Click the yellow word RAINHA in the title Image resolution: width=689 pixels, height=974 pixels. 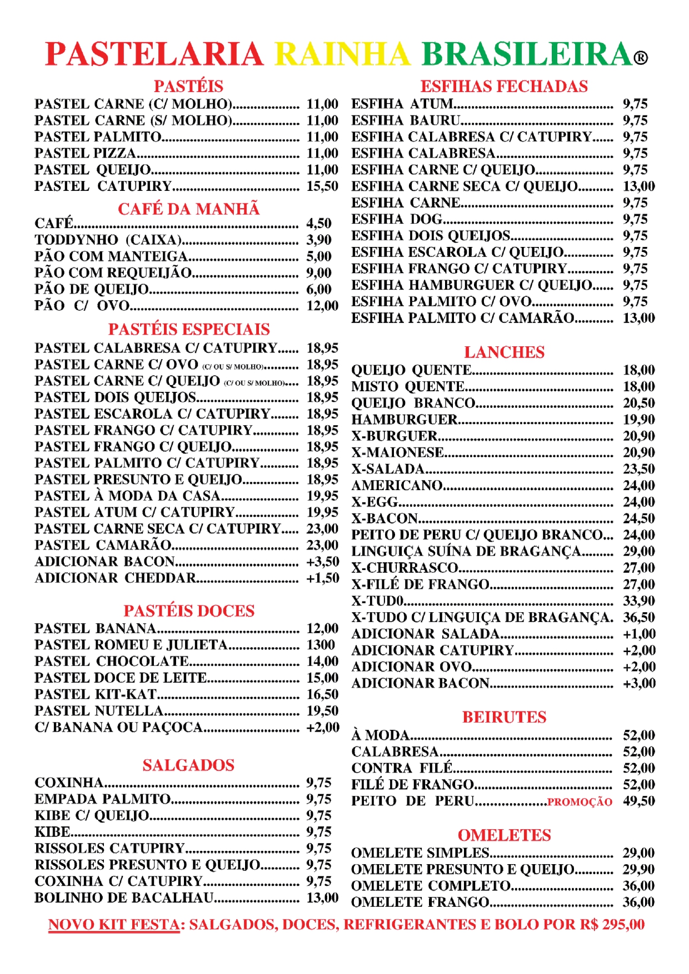click(342, 54)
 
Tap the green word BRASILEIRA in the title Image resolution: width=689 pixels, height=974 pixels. click(527, 54)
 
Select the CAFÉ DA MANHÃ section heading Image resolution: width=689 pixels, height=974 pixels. click(188, 209)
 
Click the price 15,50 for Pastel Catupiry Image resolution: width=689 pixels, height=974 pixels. click(322, 186)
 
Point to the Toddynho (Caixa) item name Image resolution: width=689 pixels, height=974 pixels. click(108, 240)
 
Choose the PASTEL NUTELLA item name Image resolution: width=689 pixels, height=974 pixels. click(99, 711)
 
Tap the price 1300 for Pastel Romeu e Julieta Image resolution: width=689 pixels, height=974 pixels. click(321, 645)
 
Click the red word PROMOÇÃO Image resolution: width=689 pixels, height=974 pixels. click(580, 802)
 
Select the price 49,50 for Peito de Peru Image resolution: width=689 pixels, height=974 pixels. click(638, 801)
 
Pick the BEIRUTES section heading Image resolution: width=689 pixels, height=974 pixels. click(504, 717)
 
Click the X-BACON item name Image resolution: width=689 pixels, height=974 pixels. click(385, 518)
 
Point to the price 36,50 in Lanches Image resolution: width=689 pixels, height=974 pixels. click(638, 617)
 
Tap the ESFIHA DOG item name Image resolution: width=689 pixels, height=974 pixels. click(397, 219)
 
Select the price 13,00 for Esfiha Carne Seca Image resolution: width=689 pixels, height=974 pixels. click(638, 186)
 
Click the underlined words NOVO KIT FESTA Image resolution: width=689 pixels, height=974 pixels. click(114, 925)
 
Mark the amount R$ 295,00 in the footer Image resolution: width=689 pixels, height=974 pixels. click(612, 925)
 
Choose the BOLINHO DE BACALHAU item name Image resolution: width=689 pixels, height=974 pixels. click(124, 898)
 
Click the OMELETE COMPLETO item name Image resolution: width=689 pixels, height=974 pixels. click(431, 886)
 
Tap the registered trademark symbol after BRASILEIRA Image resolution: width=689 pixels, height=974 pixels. click(641, 58)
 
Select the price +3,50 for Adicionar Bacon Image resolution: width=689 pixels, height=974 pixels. click(322, 562)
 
